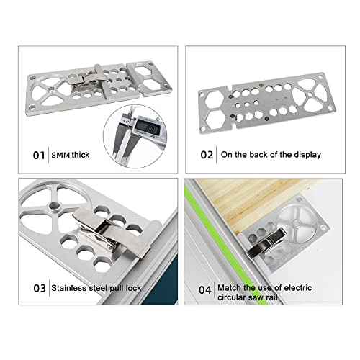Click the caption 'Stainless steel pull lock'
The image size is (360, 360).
[95, 289]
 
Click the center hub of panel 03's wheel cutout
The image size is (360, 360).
[53, 210]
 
